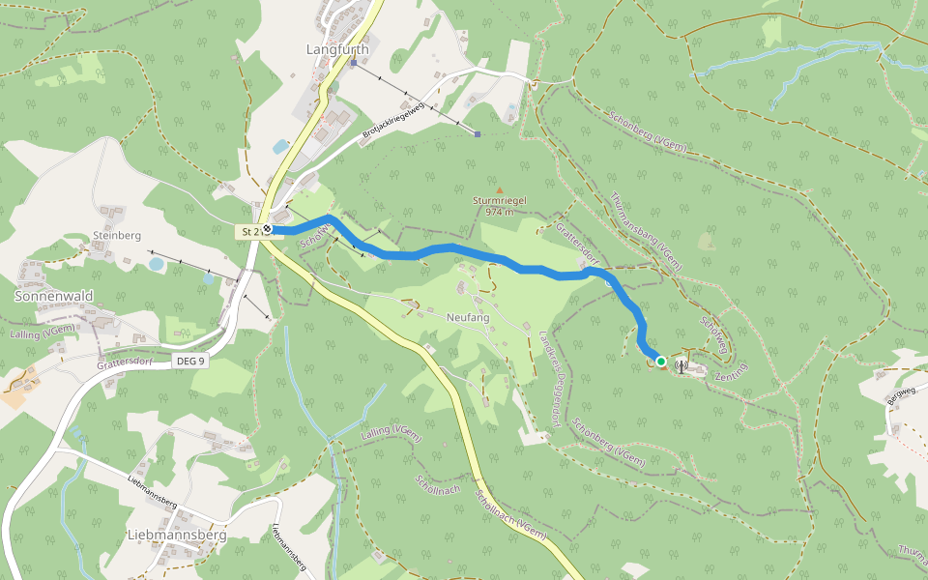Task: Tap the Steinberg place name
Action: pos(117,235)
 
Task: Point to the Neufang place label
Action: pos(468,318)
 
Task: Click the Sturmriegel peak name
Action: pos(499,200)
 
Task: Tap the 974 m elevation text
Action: pos(499,212)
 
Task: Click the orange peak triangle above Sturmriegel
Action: pos(500,189)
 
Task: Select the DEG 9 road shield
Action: pos(190,361)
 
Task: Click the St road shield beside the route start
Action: pos(252,232)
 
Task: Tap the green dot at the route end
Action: pos(661,362)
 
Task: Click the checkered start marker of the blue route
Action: pos(268,229)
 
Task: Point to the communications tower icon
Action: pos(681,365)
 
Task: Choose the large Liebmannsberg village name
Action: pos(177,534)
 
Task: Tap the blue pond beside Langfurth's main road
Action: pos(280,147)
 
